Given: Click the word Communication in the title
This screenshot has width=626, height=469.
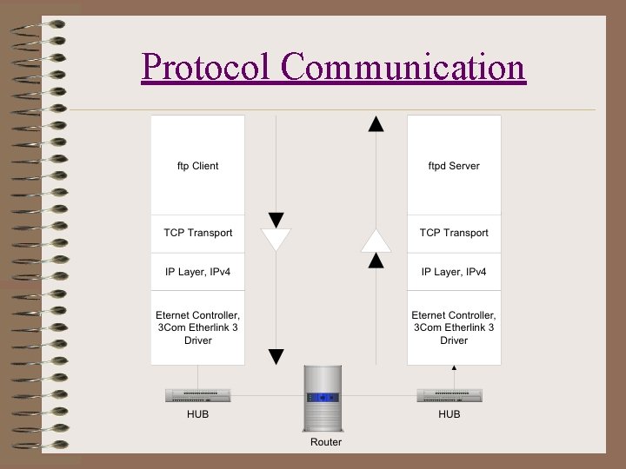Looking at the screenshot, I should pos(403,67).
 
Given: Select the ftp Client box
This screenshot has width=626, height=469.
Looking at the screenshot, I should pos(198,165).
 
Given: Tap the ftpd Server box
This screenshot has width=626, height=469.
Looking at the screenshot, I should pos(454,165).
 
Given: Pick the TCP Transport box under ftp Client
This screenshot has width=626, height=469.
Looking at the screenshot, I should pos(198,233).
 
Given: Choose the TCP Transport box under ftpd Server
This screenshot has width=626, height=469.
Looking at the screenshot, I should pos(454,233).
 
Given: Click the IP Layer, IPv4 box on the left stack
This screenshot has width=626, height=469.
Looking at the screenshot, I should pos(198,272).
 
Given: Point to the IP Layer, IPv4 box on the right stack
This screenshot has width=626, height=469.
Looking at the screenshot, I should pos(454,272).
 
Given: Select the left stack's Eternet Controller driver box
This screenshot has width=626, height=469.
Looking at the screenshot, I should pos(198,327).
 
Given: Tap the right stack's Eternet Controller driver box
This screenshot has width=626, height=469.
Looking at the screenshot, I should pos(454,327).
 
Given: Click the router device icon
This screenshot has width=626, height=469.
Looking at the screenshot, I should pos(326,398).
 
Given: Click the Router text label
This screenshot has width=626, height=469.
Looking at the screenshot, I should pos(326,442).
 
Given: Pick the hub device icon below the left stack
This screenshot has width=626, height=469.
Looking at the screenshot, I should pos(198,395).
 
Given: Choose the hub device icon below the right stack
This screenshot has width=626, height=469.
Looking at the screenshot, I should pos(450,395).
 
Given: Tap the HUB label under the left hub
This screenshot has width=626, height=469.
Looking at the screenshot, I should pos(198,414).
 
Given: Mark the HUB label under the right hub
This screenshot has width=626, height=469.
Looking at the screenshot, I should pos(450,414).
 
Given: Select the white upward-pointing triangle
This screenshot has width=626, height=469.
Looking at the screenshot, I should pos(376,240).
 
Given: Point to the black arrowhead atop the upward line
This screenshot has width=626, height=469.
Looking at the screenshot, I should pos(376,123).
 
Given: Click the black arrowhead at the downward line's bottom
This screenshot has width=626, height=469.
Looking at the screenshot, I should pos(276,356).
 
